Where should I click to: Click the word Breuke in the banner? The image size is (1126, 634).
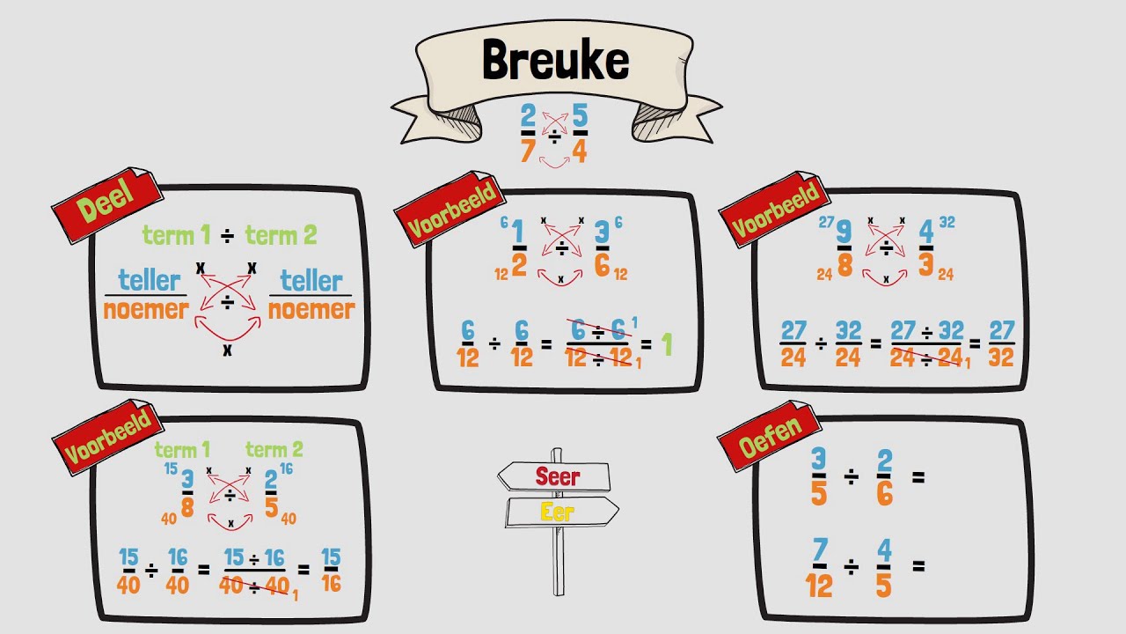[x=555, y=60]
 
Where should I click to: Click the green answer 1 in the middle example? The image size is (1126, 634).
[x=666, y=344]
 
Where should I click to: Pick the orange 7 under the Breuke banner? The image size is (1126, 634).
[x=528, y=151]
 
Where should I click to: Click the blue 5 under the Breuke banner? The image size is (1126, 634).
[x=580, y=116]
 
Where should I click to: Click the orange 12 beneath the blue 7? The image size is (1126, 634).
[x=819, y=585]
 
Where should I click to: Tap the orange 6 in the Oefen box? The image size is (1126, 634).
[x=884, y=494]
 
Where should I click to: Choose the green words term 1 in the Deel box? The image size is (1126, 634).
[x=177, y=235]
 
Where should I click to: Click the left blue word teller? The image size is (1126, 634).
[x=149, y=281]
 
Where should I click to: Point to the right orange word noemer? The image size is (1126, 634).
[x=311, y=310]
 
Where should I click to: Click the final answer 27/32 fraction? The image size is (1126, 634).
[x=1001, y=344]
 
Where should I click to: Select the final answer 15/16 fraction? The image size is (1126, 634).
[x=331, y=571]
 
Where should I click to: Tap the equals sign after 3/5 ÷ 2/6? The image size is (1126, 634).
[x=918, y=478]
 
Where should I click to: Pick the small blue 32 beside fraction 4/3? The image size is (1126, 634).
[x=947, y=223]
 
